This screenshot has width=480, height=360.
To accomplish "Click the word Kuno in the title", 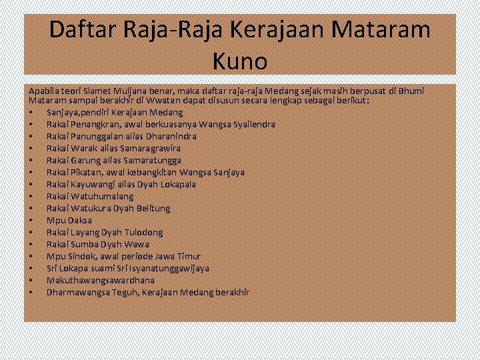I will (240, 61).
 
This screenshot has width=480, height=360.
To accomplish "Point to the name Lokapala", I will (175, 185).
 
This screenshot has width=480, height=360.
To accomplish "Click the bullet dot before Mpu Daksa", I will (31, 221).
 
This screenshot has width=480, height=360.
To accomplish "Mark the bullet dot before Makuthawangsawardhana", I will (31, 281).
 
